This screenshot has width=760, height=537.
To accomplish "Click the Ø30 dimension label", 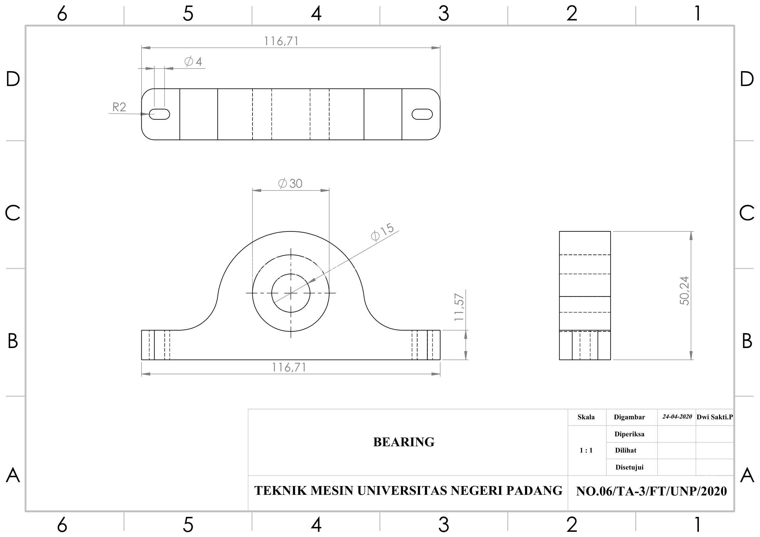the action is [x=290, y=183].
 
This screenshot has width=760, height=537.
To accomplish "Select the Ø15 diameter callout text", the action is [x=383, y=232].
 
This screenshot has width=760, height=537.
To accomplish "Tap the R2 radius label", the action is [x=119, y=107].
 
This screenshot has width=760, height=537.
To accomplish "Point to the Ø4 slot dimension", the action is [x=193, y=61].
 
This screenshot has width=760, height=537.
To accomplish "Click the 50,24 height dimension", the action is [x=684, y=291].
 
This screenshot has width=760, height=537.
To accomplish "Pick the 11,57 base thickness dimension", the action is [x=459, y=307].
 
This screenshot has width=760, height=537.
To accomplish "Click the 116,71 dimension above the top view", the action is [x=281, y=41].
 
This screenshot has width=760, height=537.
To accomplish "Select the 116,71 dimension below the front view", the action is [x=289, y=368].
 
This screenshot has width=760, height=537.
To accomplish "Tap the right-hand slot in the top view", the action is [x=422, y=114].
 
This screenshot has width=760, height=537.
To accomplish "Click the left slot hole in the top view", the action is [x=160, y=114].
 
